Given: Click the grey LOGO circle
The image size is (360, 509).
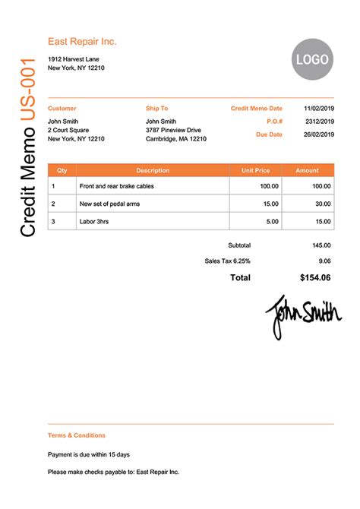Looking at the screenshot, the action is click(x=312, y=58).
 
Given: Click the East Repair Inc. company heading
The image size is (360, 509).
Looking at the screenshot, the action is click(x=82, y=42).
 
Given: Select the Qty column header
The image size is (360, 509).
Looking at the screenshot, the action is click(x=62, y=171).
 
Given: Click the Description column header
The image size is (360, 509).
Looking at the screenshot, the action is click(x=153, y=171).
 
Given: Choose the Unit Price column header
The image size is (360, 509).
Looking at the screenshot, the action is click(x=255, y=171).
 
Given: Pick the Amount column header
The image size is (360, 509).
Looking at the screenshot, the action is click(x=308, y=171).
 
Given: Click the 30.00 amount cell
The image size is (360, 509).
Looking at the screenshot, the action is click(x=323, y=204).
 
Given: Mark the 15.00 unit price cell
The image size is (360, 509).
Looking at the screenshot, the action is click(x=270, y=204).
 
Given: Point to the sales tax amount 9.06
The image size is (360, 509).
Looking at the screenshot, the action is click(x=325, y=261).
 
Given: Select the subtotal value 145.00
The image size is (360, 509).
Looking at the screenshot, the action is click(x=321, y=245).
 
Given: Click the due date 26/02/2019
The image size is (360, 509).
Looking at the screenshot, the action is click(x=319, y=134).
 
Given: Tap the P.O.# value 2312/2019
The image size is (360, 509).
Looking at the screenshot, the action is click(x=320, y=122).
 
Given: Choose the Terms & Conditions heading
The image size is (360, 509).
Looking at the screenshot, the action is click(x=77, y=435).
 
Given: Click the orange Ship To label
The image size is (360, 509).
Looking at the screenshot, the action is click(x=157, y=109).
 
